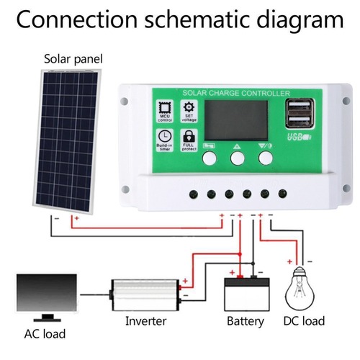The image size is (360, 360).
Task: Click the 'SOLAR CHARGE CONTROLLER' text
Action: (x=236, y=92)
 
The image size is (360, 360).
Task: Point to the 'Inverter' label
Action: (x=146, y=320)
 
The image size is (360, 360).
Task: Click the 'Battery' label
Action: (x=245, y=320)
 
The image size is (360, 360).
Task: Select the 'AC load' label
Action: (x=45, y=334)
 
